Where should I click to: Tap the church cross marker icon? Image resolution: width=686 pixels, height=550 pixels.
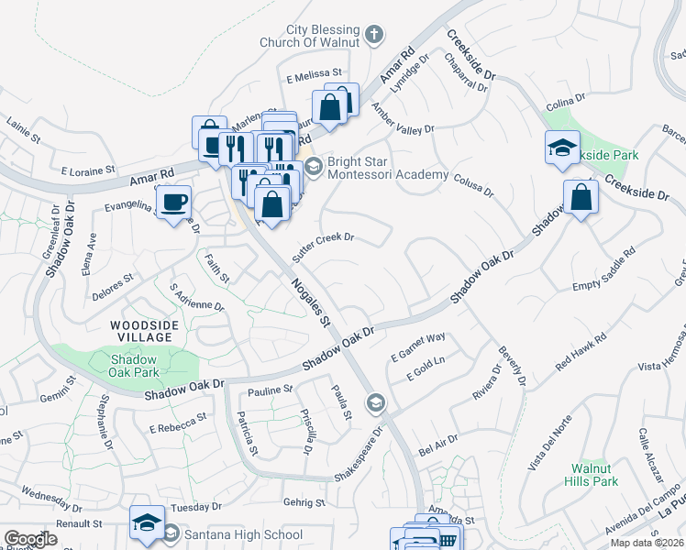click(x=373, y=36)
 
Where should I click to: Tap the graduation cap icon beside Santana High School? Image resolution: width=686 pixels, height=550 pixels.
click(x=146, y=522)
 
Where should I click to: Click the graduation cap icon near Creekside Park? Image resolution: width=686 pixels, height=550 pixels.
click(x=562, y=148)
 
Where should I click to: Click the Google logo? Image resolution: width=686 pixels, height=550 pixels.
click(x=30, y=539)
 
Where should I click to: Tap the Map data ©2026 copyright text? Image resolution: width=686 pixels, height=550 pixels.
click(x=647, y=543)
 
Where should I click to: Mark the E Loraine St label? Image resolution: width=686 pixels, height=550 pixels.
click(x=88, y=170)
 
